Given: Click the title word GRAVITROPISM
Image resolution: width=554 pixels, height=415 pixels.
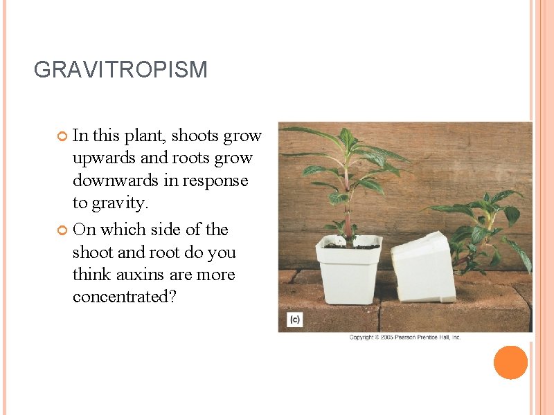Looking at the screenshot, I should tap(120, 70).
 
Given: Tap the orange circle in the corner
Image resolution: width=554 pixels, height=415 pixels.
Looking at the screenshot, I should tap(511, 362).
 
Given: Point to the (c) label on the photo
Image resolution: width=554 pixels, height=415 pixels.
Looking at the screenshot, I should tap(295, 320).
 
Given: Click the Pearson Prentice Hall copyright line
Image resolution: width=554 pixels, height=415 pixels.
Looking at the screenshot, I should tap(404, 338).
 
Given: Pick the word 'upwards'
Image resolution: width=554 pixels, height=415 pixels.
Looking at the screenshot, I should tap(104, 158).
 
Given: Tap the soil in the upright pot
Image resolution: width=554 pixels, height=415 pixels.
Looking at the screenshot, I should tap(350, 244).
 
